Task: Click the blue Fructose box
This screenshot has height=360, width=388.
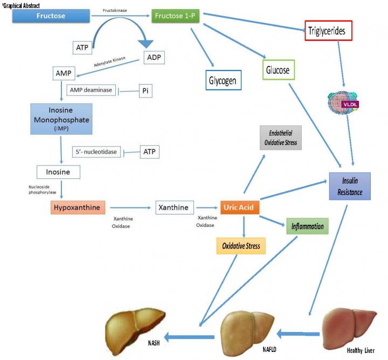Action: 51,16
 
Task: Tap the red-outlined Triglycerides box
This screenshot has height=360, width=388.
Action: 328,31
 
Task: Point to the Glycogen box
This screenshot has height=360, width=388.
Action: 224,80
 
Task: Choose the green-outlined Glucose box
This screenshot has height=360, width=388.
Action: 278,70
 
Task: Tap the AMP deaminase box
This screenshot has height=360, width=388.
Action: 91,90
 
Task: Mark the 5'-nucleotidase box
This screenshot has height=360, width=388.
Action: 94,152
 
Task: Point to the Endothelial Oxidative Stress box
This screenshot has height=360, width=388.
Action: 280,139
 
